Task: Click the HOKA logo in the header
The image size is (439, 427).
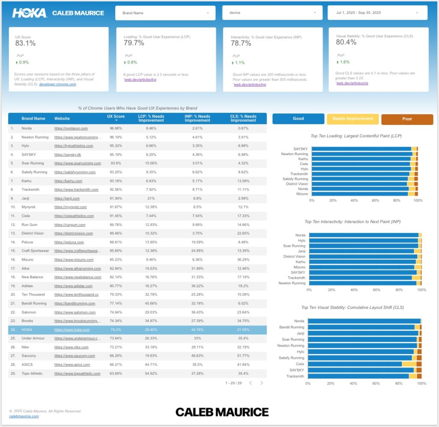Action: (29, 13)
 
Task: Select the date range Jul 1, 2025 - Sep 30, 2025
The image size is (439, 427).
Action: (377, 13)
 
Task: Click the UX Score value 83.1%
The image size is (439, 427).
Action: (25, 43)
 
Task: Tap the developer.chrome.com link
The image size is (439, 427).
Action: (57, 84)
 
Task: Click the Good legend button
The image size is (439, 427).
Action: (298, 119)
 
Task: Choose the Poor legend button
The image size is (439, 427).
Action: (407, 119)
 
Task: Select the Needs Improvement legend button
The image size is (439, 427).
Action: (352, 119)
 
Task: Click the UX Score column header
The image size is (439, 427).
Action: (116, 117)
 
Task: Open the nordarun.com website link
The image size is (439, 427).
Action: (71, 128)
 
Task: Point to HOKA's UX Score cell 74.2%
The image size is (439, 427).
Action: (116, 330)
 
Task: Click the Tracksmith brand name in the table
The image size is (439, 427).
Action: (31, 189)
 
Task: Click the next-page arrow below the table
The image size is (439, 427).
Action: (262, 383)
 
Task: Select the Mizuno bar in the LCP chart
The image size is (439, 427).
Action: (360, 194)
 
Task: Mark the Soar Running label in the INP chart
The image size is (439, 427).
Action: (294, 246)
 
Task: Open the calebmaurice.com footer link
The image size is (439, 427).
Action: (24, 416)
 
